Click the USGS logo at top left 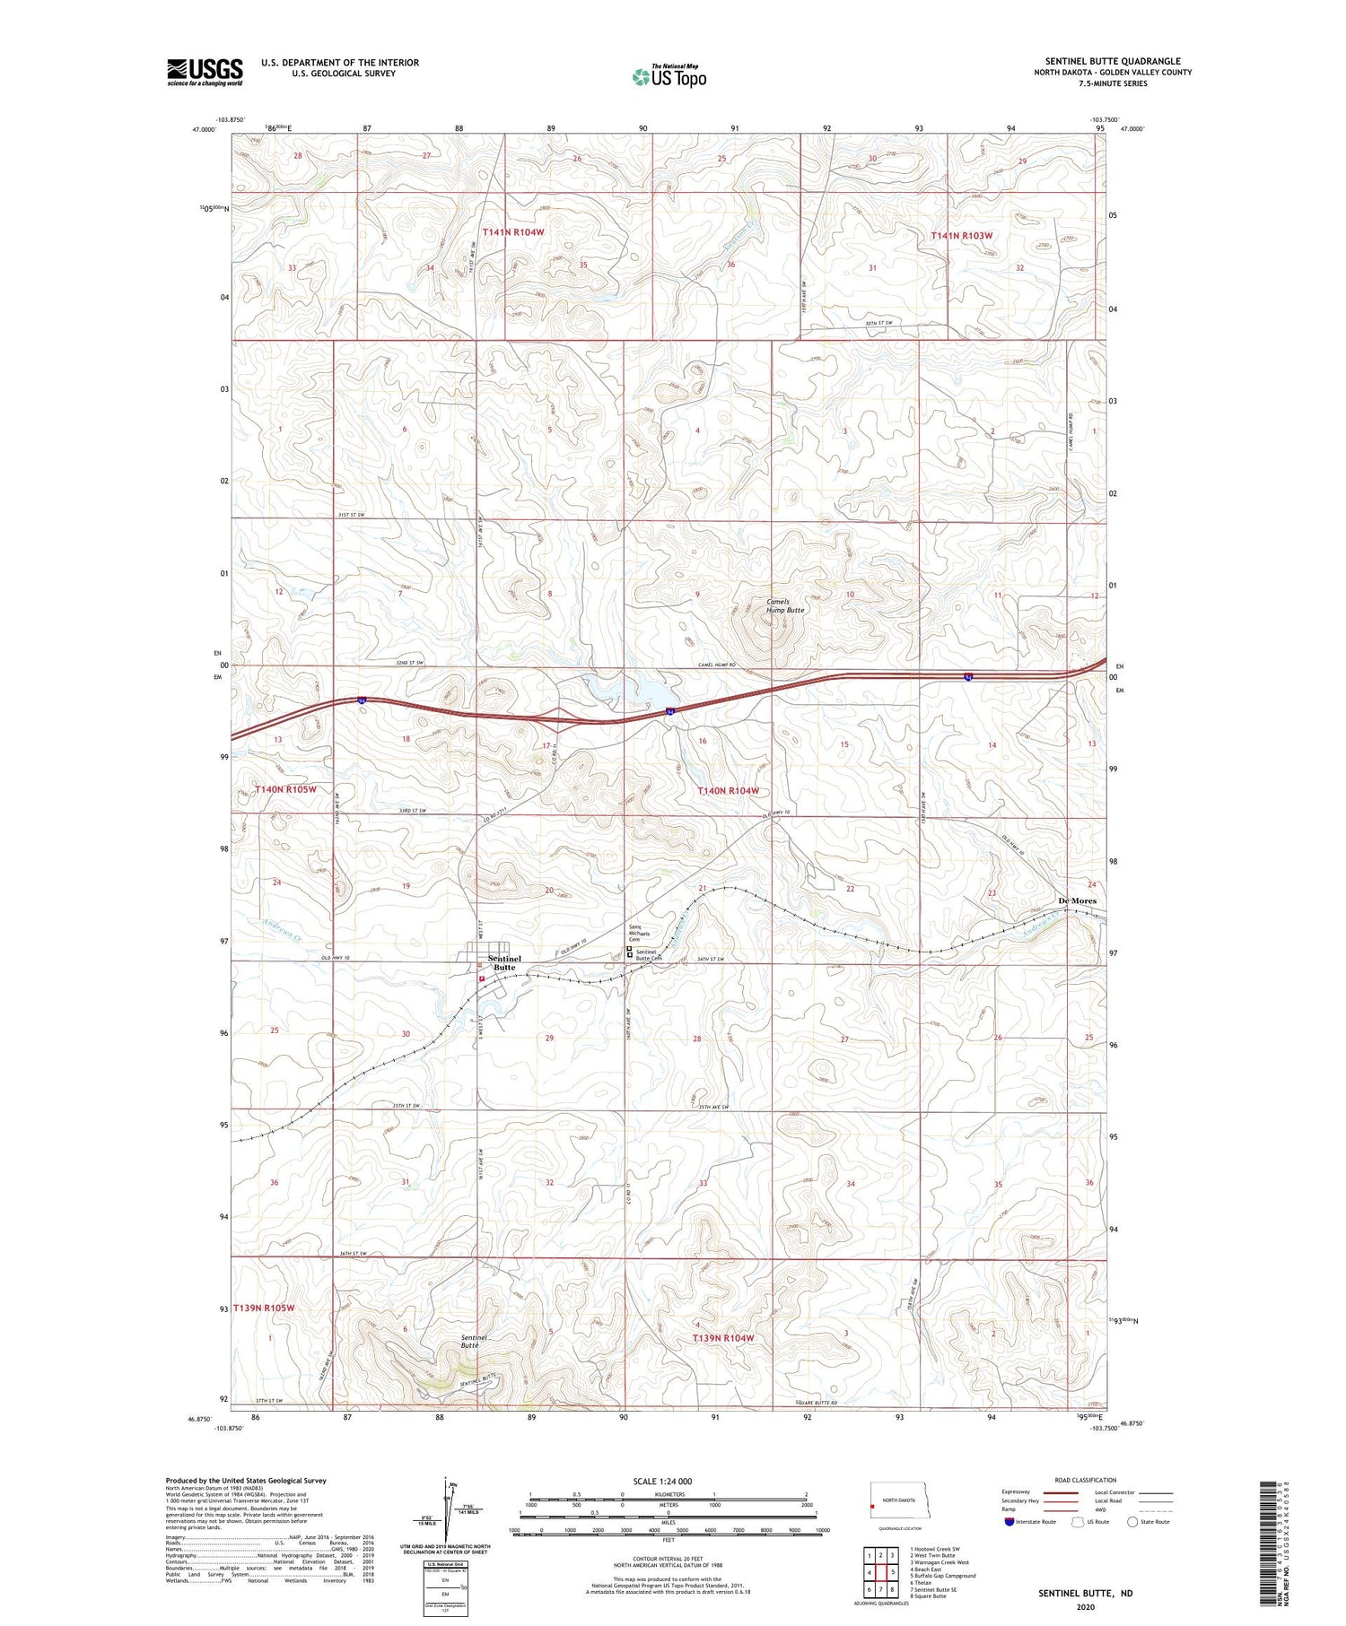pos(205,72)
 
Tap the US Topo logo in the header pos(669,77)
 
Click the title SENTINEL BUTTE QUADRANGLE pos(1112,61)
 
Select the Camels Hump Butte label pos(784,605)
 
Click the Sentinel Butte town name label pos(503,962)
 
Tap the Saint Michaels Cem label pos(639,934)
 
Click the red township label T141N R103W pos(962,236)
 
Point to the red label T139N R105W pos(264,1308)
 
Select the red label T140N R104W pos(729,791)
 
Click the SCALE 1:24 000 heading pos(662,1481)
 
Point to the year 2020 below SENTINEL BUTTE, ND pos(1085,1608)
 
